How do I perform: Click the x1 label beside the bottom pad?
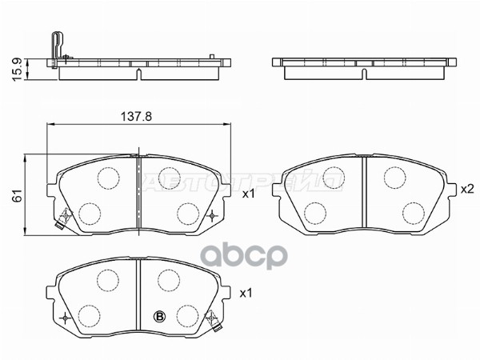[x=246, y=293]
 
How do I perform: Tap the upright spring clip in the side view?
[x=54, y=48]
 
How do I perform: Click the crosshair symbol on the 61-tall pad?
[x=211, y=215]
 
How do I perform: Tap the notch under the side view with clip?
[x=139, y=74]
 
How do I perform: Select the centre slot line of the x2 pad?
[x=364, y=192]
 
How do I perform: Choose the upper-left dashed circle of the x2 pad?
[x=334, y=177]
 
